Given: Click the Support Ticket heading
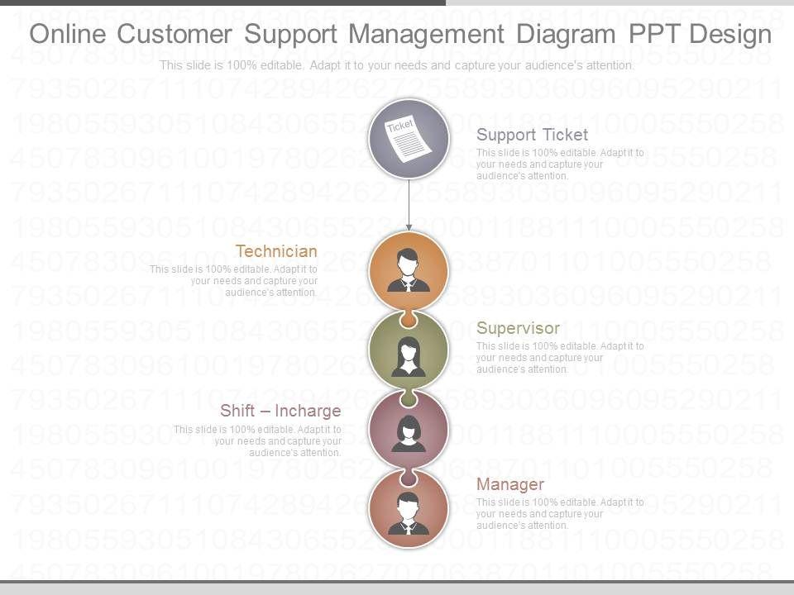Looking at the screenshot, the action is pos(532,135).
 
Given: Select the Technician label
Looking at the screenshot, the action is pos(276,251).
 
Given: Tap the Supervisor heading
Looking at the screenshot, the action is pos(518,328).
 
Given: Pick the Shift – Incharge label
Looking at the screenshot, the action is pos(280,411).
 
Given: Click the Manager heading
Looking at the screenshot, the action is pos(510,484).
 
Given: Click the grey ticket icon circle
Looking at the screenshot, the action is pos(409,140).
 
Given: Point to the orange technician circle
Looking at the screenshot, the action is pos(409,270).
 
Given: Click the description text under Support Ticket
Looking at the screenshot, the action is pos(560,164).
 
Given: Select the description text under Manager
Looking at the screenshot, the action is pos(560,513).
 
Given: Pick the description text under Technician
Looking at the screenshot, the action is pos(233,281).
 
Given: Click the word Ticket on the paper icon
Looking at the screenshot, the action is pos(400,126).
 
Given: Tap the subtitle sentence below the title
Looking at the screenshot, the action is pos(397,65).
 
